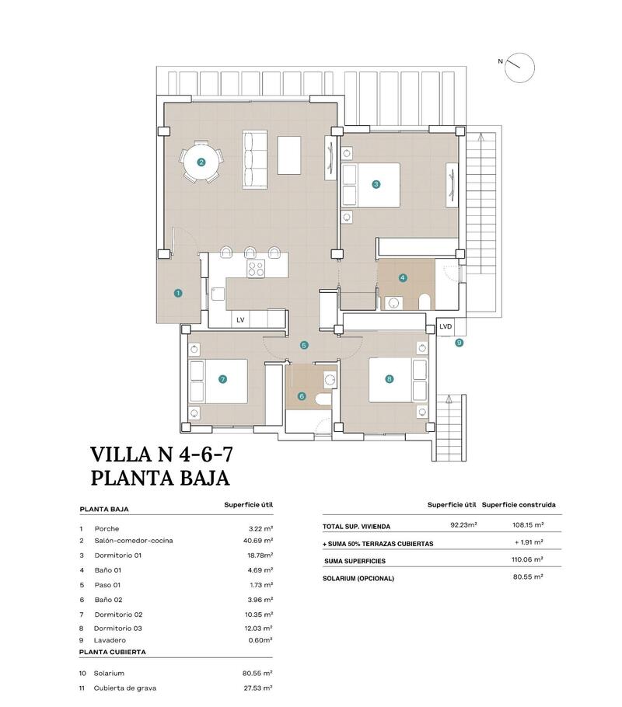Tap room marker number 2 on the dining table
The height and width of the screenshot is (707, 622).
coord(201,162)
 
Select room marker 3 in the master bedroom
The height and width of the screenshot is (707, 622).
coord(376,184)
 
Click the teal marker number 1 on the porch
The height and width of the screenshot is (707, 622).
coord(178,293)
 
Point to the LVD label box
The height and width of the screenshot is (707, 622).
coord(446,326)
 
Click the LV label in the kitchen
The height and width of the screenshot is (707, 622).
coord(239,320)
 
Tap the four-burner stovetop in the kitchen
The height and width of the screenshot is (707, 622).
coord(256,269)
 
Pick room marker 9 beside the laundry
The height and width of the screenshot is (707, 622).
coord(459,342)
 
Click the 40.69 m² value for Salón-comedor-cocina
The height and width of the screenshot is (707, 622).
coord(257,541)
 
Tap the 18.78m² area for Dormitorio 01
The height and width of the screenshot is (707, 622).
coord(258,555)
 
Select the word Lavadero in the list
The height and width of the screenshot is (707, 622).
coord(110,640)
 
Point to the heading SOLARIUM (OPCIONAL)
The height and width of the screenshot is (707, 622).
coord(358,578)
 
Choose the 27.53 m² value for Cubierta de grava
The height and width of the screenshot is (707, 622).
coord(257,688)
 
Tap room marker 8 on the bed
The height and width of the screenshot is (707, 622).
coord(390,379)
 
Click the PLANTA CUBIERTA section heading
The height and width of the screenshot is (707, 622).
coord(113,653)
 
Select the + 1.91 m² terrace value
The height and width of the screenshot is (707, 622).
coord(529,542)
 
